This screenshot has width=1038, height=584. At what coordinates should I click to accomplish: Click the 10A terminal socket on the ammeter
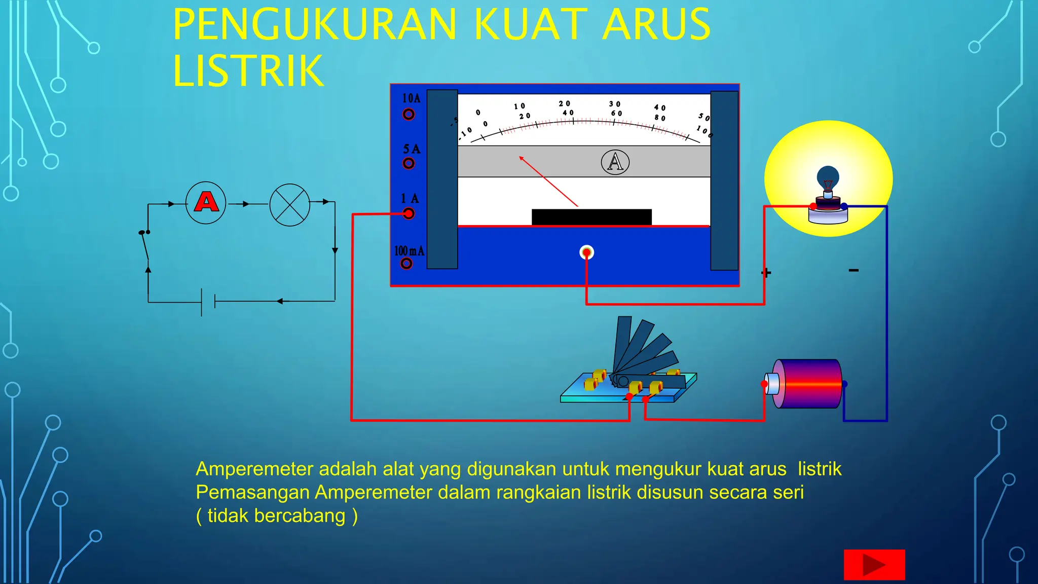coord(409,115)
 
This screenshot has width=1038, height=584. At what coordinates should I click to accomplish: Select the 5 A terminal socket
coord(409,163)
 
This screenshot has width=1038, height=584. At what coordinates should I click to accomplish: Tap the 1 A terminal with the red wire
coord(409,213)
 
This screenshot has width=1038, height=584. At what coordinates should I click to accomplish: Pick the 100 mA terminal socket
coord(406,264)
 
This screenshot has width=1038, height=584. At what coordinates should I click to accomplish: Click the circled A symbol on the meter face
coord(615,162)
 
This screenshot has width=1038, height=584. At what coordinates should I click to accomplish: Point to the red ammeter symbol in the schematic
coord(206,203)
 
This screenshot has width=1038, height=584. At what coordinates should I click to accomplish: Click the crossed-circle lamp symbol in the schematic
coord(290,205)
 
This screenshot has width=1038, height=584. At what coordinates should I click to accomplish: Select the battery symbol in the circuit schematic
coord(208,302)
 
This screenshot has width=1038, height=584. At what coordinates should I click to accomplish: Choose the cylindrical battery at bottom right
coord(806,384)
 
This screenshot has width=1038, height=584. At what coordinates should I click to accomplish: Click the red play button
coord(874,565)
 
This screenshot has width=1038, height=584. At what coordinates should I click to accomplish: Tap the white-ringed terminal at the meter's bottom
coord(586,252)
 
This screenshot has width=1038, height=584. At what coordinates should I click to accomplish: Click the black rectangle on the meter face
coord(591,217)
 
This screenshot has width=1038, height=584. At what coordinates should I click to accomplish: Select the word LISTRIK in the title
coord(248,71)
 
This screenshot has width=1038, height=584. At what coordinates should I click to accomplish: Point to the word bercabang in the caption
coord(300,516)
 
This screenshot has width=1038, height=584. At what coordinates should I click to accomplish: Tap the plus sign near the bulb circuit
coord(766,273)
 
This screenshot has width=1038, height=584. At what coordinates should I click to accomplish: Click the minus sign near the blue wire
coord(854,270)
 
